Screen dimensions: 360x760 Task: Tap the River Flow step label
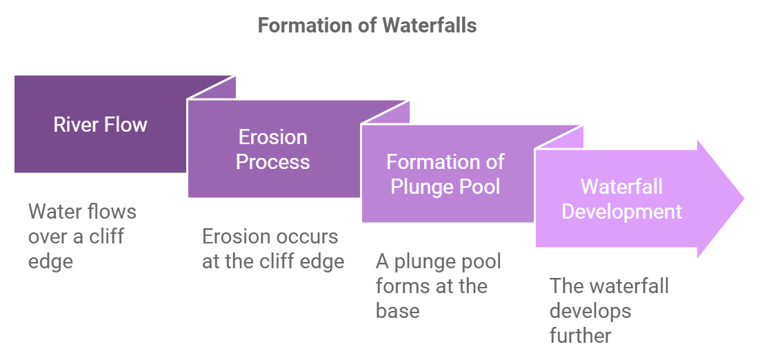pyautogui.click(x=101, y=125)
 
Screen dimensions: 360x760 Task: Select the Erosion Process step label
pyautogui.click(x=273, y=149)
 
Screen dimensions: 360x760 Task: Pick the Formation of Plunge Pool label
pyautogui.click(x=446, y=174)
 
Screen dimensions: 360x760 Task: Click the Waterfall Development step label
pyautogui.click(x=621, y=199)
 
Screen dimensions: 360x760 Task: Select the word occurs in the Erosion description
pyautogui.click(x=304, y=237)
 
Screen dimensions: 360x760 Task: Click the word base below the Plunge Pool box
pyautogui.click(x=397, y=311)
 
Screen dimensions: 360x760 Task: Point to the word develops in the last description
pyautogui.click(x=590, y=311)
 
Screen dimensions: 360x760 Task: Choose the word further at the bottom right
pyautogui.click(x=580, y=336)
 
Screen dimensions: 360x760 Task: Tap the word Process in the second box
pyautogui.click(x=273, y=161)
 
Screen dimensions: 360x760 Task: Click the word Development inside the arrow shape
pyautogui.click(x=621, y=211)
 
